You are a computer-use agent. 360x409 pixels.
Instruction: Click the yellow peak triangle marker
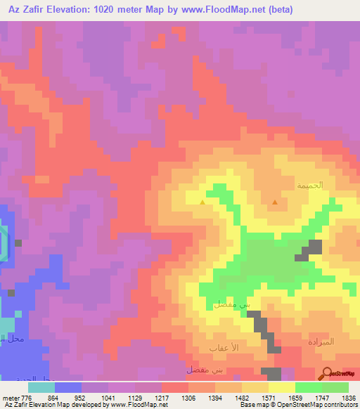pyautogui.click(x=203, y=202)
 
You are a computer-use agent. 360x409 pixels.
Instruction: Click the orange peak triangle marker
pyautogui.click(x=274, y=202)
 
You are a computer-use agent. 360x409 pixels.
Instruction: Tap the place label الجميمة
pyautogui.click(x=309, y=186)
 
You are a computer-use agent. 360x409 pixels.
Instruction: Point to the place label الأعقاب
pyautogui.click(x=223, y=349)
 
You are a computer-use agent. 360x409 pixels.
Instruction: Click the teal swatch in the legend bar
pyautogui.click(x=41, y=387)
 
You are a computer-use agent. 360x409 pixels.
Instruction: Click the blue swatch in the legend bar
pyautogui.click(x=68, y=387)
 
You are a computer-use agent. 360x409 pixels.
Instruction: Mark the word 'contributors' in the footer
pyautogui.click(x=340, y=405)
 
